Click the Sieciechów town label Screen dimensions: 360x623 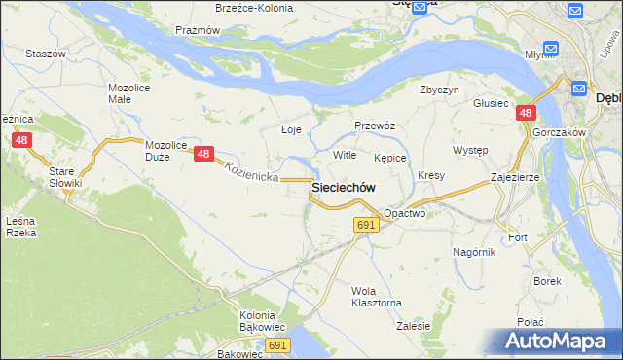[x=344, y=188]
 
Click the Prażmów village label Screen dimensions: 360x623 [x=198, y=30]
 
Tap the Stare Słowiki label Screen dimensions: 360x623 [x=66, y=176]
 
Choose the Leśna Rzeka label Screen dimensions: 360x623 [x=20, y=227]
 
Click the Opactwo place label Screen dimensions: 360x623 [x=405, y=212]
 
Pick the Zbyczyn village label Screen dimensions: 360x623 [x=439, y=90]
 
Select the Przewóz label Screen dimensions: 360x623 [x=374, y=126]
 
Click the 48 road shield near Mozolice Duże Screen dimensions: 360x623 [x=202, y=154]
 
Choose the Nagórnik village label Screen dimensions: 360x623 [x=474, y=252]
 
